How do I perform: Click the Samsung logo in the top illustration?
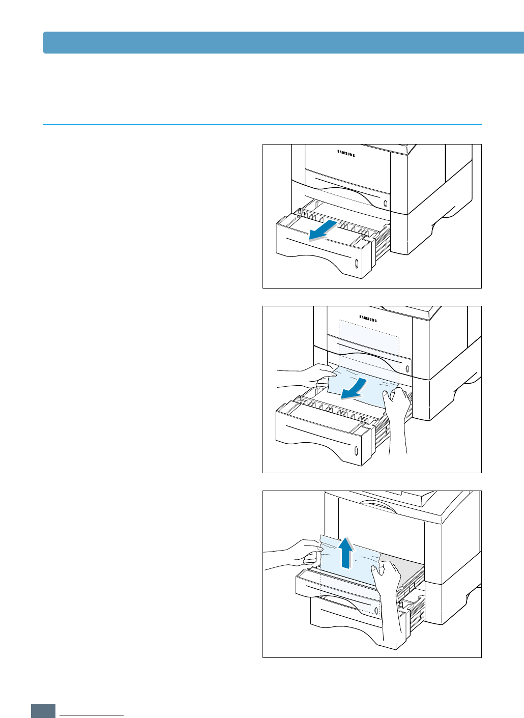coord(346,152)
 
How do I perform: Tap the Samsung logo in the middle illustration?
coord(368,319)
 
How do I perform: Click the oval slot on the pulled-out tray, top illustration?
coord(356,263)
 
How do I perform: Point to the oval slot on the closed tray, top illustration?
coord(385,203)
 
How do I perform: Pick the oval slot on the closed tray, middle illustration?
coord(407,368)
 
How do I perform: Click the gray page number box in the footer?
coord(43,711)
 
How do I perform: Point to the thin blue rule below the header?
coord(262,124)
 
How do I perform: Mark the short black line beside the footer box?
coord(92,715)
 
